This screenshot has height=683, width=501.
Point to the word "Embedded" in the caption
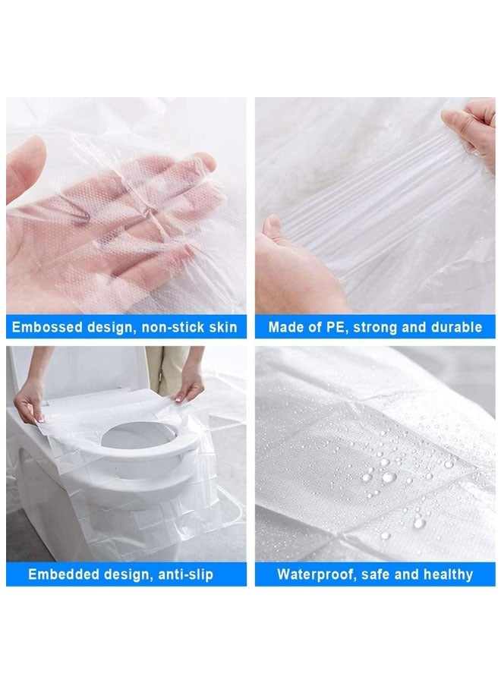61,574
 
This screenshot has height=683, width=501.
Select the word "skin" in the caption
223,328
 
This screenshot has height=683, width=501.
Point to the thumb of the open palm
27,171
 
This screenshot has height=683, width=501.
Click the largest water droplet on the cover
389,477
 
